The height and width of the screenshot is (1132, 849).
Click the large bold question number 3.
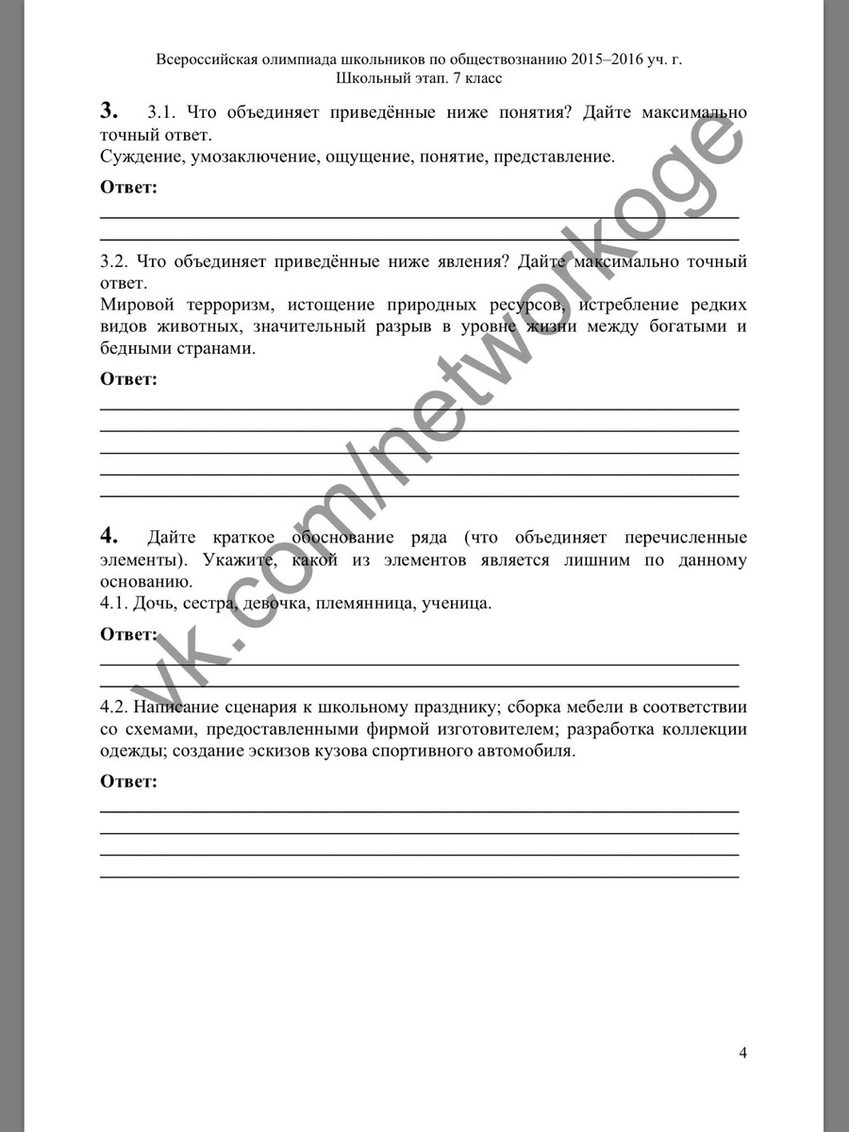click(108, 110)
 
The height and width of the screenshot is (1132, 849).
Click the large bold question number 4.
click(108, 536)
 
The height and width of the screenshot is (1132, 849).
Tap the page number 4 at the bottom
click(742, 1053)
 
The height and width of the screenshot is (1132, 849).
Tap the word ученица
click(459, 603)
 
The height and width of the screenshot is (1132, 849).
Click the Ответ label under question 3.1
click(128, 187)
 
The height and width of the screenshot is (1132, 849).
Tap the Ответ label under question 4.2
click(128, 781)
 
